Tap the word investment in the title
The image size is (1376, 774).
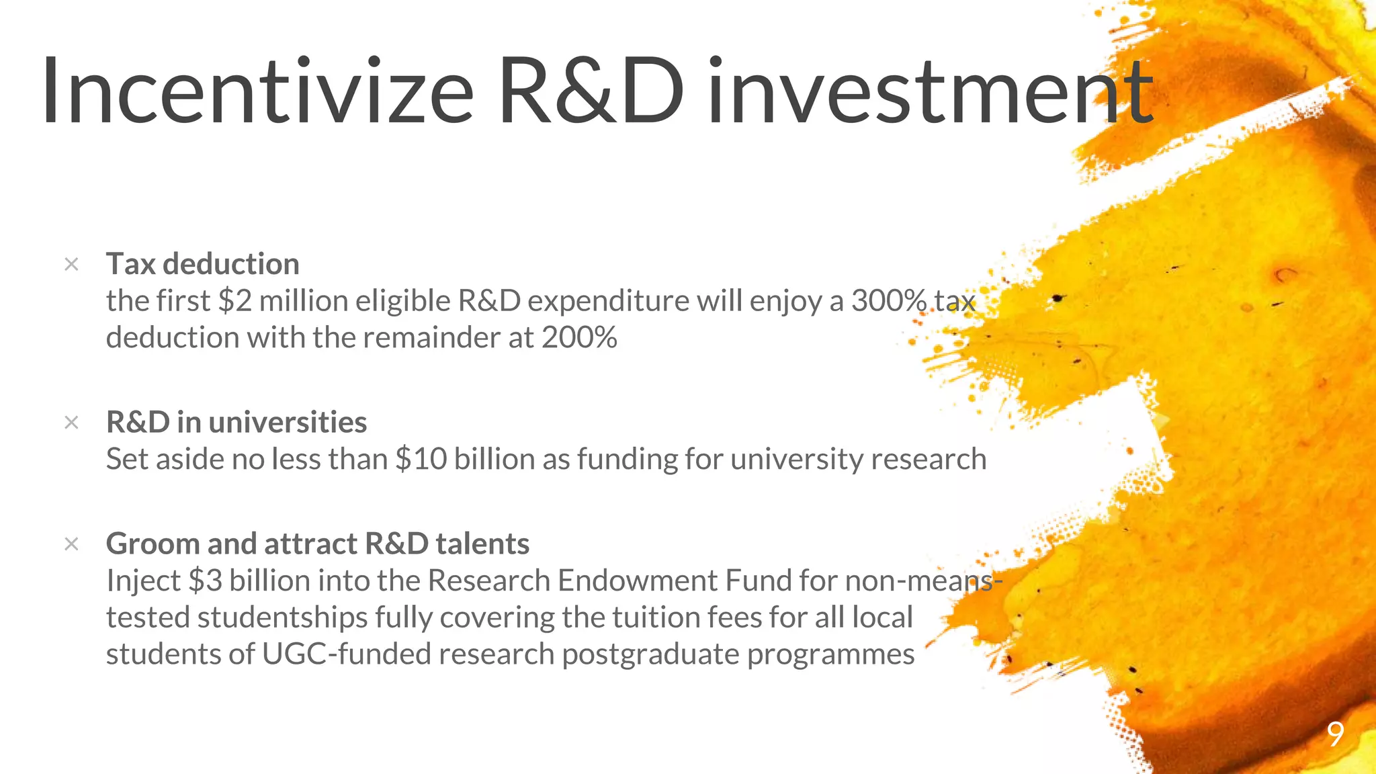coord(931,91)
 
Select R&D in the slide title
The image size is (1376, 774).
coord(591,91)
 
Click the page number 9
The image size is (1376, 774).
coord(1336,734)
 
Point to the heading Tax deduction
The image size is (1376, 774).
coord(202,263)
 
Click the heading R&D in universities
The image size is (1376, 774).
coord(236,422)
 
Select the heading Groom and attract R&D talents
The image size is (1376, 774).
coord(318,544)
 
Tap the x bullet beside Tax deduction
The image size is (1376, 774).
coord(71,264)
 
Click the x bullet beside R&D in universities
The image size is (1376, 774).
coord(71,423)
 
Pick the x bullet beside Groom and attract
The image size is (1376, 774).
coord(71,544)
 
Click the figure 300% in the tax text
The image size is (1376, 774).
coord(889,300)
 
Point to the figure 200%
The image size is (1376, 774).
coord(579,337)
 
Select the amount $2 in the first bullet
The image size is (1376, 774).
coord(234,300)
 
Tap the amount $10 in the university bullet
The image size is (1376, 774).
coord(421,460)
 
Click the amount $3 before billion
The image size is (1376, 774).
coord(205,580)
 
